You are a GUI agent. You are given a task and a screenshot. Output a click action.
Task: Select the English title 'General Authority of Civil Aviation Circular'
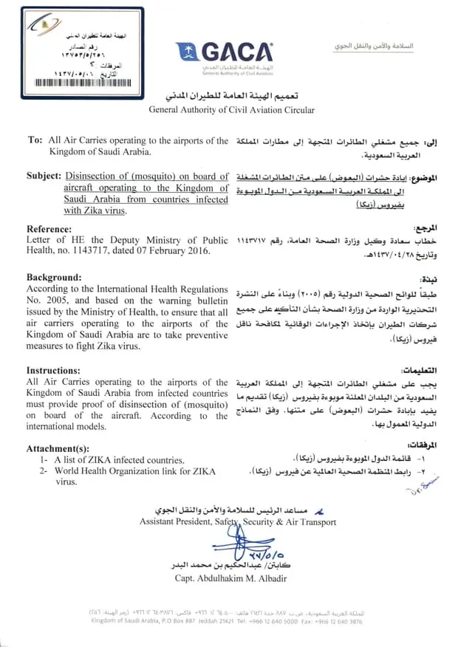point(231,111)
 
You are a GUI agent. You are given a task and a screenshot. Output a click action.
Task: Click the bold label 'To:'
point(35,140)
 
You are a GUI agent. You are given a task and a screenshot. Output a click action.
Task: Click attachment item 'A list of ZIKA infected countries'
point(118,459)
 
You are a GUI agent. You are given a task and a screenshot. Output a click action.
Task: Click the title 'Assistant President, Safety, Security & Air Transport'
point(237,522)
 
